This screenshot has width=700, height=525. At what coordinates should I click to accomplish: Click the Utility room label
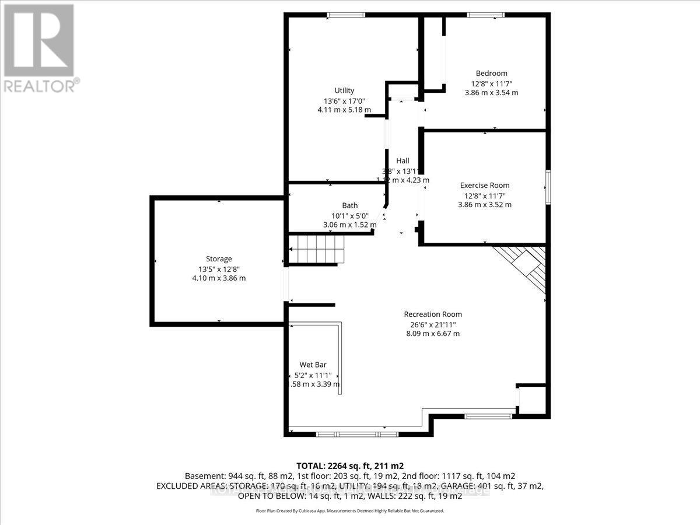344,90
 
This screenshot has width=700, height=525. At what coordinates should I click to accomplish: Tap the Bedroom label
491,73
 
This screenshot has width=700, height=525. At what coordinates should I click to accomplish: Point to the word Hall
402,161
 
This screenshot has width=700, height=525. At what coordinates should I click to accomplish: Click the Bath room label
350,205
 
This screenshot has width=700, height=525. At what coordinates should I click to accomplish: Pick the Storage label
219,259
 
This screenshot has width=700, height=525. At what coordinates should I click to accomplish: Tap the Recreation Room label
433,314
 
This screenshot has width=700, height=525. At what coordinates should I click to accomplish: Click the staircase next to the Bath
315,250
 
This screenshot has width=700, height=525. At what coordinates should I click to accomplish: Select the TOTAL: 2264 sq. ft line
349,466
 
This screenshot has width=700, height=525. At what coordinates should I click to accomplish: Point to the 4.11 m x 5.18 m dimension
344,109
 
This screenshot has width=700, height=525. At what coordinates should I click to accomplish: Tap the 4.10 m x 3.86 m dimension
219,278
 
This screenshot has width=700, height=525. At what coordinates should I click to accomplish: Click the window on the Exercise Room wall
548,187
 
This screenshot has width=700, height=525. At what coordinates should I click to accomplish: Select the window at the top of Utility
345,15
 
